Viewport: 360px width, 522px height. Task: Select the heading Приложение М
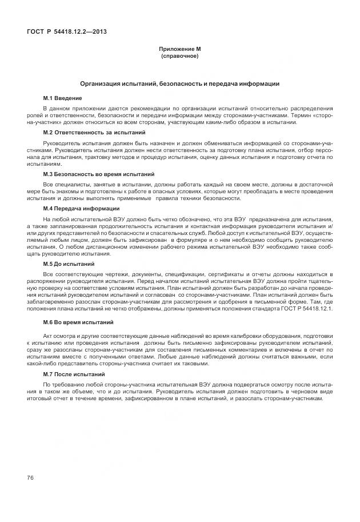tap(179, 50)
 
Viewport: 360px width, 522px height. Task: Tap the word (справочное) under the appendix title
tap(179, 57)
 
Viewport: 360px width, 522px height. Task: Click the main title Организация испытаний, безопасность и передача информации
tap(179, 84)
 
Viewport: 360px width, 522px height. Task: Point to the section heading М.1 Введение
tap(62, 99)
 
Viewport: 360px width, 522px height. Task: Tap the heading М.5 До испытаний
tap(69, 264)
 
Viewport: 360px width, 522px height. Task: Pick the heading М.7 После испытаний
tap(74, 373)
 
